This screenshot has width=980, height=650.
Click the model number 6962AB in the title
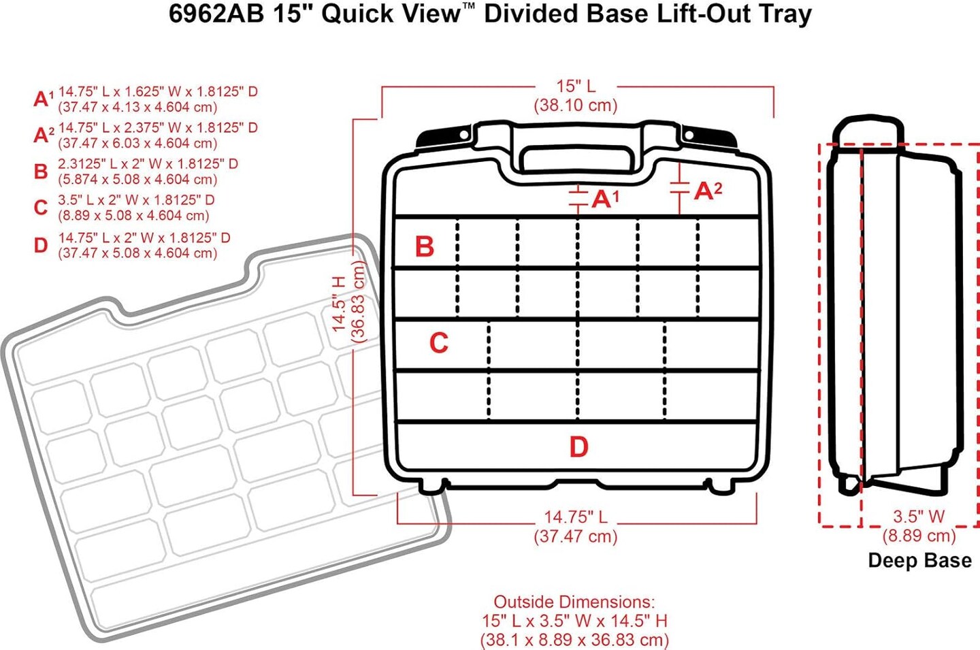[x=216, y=14]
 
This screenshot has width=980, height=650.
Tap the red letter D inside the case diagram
[x=578, y=446]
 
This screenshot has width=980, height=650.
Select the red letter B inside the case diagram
[x=425, y=246]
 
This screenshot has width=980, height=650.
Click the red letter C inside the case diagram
[x=439, y=342]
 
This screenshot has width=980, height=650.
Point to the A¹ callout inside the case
[x=606, y=199]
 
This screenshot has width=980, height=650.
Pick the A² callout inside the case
[x=708, y=191]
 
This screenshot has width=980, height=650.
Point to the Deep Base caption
[x=919, y=560]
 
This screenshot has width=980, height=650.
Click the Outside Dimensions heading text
[x=574, y=602]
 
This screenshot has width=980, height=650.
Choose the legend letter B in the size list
[x=41, y=171]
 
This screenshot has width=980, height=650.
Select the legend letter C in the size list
[x=41, y=208]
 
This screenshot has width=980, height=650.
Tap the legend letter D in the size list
[x=41, y=245]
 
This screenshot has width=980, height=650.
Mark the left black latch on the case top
[x=443, y=137]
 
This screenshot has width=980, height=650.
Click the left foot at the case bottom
[x=431, y=485]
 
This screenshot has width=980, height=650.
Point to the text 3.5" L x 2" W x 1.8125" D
[x=136, y=200]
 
